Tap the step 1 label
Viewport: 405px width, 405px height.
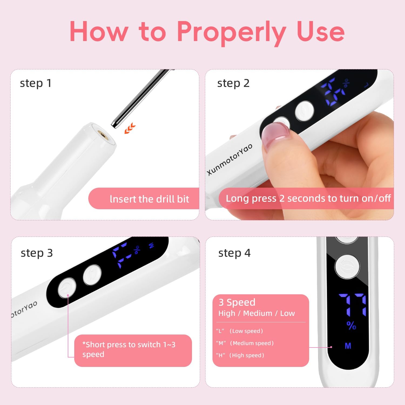coord(36,83)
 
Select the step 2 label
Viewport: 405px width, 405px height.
coord(233,83)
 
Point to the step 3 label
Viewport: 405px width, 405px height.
coord(37,253)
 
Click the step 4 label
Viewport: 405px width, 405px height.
coord(234,253)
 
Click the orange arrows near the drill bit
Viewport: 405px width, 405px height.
coord(130,128)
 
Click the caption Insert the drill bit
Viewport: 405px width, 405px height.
coord(149,199)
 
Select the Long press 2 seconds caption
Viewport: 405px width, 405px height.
coord(308,198)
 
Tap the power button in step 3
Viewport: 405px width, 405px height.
coord(67,288)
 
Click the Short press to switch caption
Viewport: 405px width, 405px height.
coord(129,349)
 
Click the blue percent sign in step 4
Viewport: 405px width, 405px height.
coord(351,325)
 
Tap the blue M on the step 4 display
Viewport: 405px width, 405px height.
coord(348,346)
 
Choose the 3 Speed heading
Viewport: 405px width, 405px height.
coord(237,302)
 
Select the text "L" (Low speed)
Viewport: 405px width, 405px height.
coord(239,331)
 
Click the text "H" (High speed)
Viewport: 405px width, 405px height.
coord(240,355)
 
